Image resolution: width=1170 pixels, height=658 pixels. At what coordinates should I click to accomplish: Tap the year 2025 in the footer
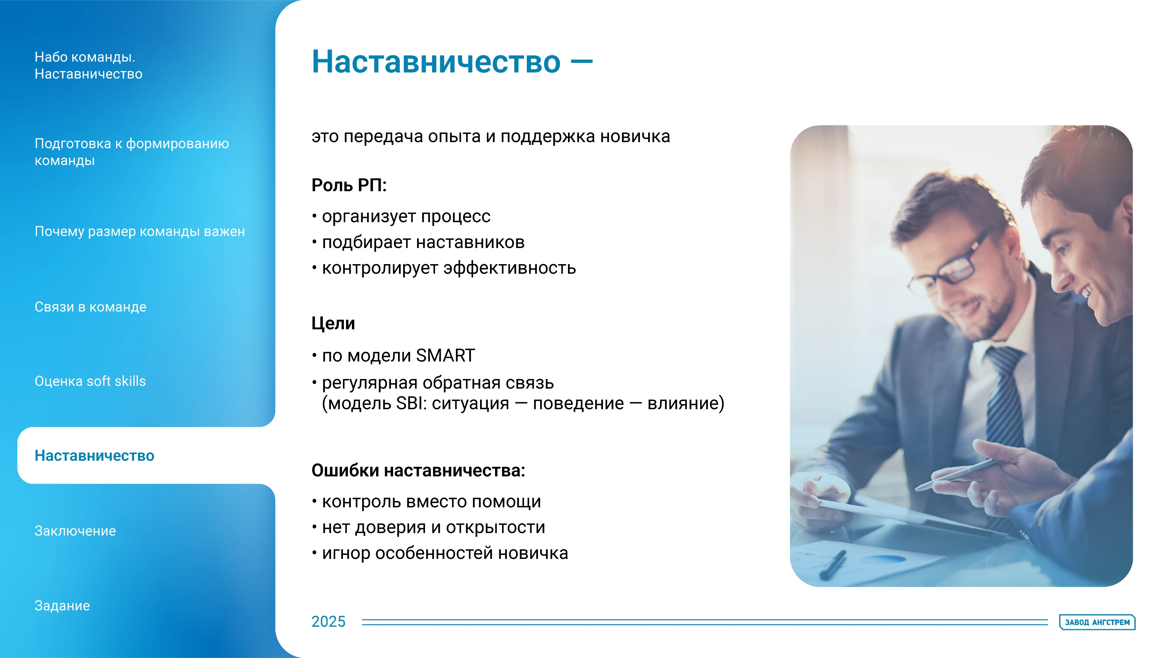coord(328,621)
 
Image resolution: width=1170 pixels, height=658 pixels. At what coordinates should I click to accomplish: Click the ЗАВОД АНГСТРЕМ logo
coord(1097,622)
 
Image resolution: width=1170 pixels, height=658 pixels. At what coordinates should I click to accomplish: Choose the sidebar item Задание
coord(62,605)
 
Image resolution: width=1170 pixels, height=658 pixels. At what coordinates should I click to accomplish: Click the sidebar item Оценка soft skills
coord(90,381)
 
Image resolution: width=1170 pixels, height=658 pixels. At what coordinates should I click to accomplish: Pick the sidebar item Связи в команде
coord(90,307)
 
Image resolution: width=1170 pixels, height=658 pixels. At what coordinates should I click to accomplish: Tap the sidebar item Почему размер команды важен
coord(139,231)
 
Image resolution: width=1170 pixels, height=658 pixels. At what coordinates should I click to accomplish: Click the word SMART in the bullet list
coord(445,355)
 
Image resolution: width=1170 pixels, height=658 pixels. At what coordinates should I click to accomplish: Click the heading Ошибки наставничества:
coord(418,470)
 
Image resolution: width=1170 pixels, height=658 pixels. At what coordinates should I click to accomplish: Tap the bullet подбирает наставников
coord(423,242)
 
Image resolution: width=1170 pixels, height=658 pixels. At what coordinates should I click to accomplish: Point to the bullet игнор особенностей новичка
coord(445,553)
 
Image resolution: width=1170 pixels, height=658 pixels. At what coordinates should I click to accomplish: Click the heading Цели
coord(333,323)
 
